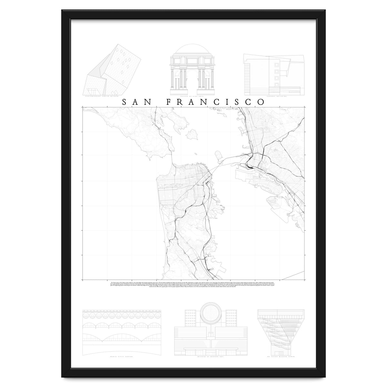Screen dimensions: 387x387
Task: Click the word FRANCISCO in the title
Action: pyautogui.click(x=215, y=102)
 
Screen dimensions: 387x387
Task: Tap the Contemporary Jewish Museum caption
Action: pyautogui.click(x=100, y=96)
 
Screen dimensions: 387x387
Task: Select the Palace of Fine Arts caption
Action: pyautogui.click(x=193, y=96)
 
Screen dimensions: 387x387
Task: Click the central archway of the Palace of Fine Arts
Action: pyautogui.click(x=193, y=79)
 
